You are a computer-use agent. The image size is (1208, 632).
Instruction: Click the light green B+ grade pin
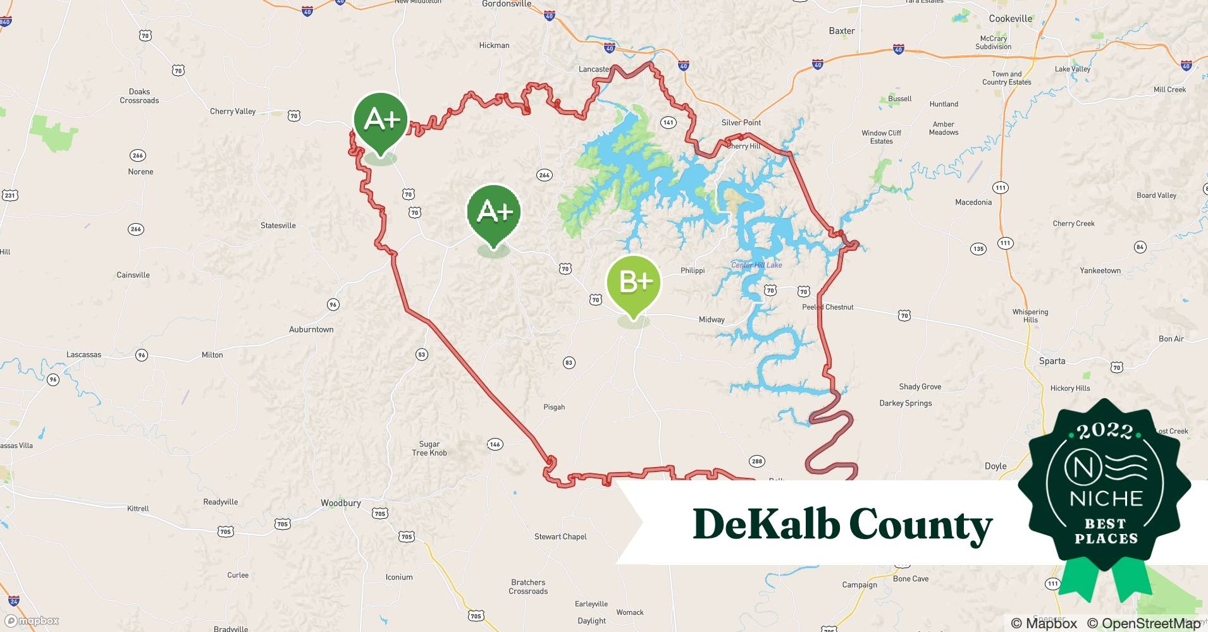pos(633,283)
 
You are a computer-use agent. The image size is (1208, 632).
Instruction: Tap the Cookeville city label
pos(1010,19)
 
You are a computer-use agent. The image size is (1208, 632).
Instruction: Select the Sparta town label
pos(1052,361)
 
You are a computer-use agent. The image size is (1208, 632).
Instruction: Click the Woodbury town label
pos(340,503)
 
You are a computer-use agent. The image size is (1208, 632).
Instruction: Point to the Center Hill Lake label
pos(756,265)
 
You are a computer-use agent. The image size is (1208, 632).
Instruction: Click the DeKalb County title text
pos(842,524)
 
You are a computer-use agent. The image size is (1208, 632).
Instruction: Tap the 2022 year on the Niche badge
pos(1105,431)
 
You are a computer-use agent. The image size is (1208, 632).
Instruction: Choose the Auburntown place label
pos(311,329)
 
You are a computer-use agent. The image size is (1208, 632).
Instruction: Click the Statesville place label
pos(278,226)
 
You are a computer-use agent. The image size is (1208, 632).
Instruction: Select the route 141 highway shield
pos(668,123)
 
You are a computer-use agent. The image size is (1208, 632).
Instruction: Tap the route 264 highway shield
pos(544,175)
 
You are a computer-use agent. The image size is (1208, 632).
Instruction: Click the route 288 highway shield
pos(757,461)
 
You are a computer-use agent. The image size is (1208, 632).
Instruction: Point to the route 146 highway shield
pos(495,444)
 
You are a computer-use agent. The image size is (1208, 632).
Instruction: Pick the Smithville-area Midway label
pos(712,320)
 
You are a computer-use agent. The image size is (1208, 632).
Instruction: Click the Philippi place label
pos(693,270)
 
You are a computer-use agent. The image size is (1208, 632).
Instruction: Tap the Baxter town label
pos(842,31)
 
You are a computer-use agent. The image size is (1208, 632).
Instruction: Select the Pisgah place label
pos(554,407)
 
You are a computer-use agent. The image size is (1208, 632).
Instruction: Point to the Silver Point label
pos(741,123)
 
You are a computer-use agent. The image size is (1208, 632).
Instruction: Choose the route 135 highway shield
pos(978,249)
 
